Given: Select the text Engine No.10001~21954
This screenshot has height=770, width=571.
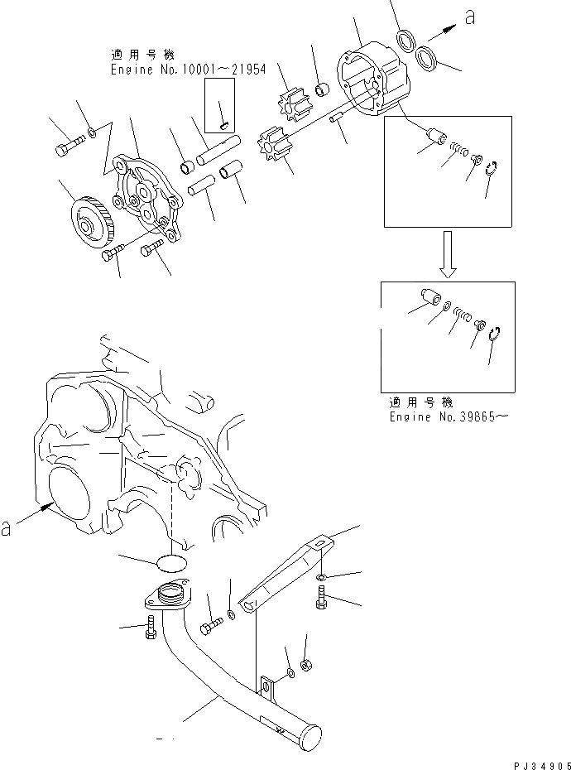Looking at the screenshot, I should coord(188,70).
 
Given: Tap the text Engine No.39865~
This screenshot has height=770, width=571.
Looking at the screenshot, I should coord(448,417).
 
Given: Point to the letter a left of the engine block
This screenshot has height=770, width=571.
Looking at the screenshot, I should coord(7,527).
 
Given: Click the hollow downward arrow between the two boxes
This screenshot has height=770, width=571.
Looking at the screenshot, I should coord(448,254).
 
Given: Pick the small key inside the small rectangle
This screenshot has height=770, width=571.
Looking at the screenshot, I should coord(225,125).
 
